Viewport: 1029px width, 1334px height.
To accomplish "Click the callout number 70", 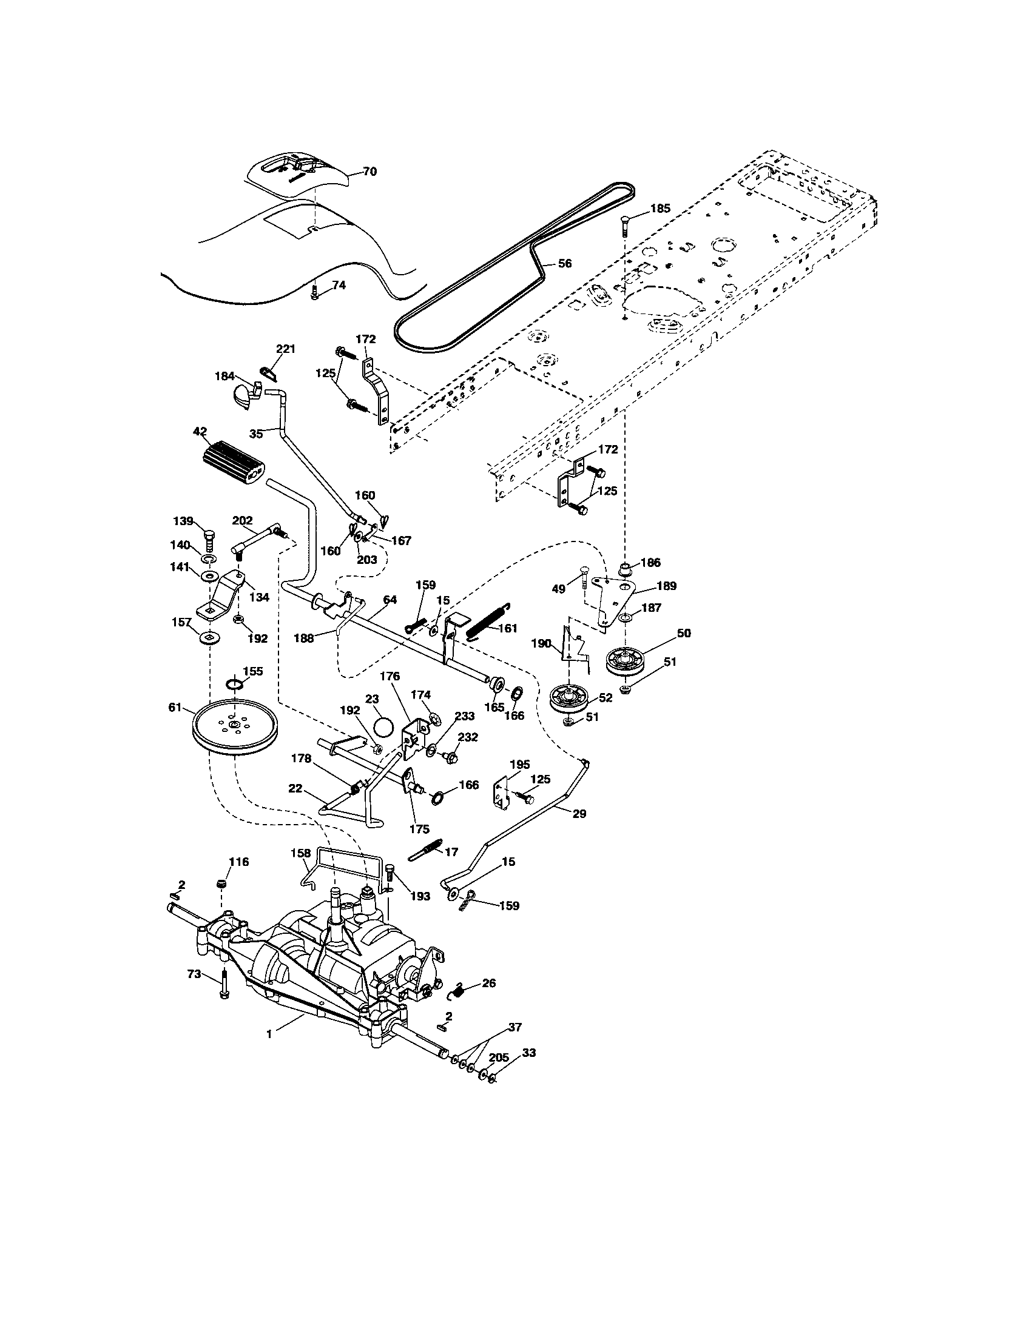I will [369, 172].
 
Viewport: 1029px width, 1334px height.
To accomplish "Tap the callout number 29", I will [579, 814].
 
